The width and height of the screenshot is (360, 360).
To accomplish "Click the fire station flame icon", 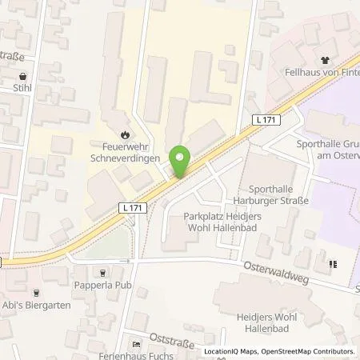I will coord(125,135).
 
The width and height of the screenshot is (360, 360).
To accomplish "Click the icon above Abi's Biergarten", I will coord(36,293).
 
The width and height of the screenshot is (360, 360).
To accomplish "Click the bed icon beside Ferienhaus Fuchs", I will coord(136,343).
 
